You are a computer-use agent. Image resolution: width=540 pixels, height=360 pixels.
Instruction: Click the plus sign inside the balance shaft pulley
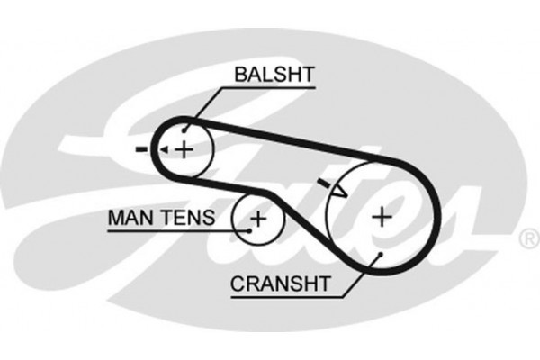point(184,148)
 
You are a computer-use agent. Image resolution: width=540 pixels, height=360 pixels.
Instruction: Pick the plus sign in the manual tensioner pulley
point(258,217)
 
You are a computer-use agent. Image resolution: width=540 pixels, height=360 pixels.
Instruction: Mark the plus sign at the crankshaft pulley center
point(382,215)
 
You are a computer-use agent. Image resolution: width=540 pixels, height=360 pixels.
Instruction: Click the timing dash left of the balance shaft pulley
point(141,148)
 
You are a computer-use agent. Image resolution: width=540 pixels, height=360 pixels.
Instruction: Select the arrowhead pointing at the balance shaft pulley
point(163,148)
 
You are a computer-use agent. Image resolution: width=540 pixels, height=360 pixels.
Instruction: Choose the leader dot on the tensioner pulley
point(249,229)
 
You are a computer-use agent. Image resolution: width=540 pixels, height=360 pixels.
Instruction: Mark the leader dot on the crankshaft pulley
point(381,255)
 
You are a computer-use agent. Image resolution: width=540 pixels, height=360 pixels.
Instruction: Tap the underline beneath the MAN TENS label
point(162,229)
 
